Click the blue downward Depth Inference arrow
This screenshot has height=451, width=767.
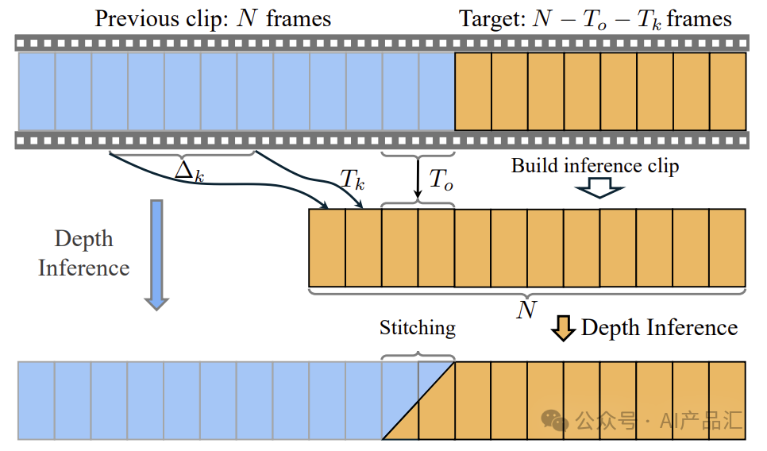click(156, 254)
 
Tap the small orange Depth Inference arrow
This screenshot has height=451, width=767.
click(563, 328)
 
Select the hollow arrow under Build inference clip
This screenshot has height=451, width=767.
click(599, 188)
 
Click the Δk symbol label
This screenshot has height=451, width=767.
click(190, 172)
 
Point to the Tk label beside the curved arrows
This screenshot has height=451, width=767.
click(353, 179)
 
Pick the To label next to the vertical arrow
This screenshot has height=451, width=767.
click(441, 179)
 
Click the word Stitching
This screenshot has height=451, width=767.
click(418, 328)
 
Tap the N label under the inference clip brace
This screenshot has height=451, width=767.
click(526, 310)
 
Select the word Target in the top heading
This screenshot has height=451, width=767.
click(491, 20)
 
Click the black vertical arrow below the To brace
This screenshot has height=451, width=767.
click(418, 179)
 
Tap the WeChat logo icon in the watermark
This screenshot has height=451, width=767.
click(554, 421)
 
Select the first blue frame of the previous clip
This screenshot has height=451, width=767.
click(37, 91)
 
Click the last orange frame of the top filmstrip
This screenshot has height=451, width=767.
click(728, 91)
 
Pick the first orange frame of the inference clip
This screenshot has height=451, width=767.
click(327, 248)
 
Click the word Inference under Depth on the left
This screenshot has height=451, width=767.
click(84, 268)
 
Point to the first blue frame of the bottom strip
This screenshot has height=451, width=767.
click(37, 401)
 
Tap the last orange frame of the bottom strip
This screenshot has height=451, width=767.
click(728, 401)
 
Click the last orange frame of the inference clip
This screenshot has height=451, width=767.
click(727, 248)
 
